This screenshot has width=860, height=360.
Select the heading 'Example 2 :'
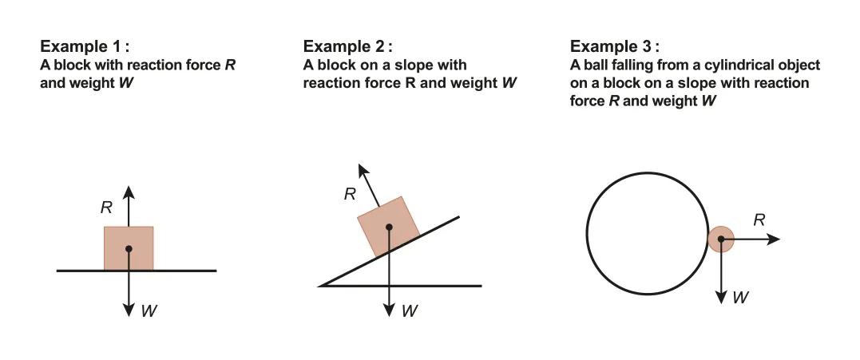point(348,46)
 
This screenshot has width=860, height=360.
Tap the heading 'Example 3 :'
point(616,46)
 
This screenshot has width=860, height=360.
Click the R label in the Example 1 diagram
point(106,208)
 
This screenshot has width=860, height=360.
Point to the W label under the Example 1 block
point(149,311)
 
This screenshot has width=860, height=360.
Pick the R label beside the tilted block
point(350,193)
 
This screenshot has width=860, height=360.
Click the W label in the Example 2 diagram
point(410,311)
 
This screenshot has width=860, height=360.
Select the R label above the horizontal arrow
point(759,220)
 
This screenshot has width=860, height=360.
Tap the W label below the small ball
point(741,297)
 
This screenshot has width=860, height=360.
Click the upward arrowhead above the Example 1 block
point(129,191)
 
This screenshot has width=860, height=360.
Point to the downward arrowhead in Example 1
point(129,310)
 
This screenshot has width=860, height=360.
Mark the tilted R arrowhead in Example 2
point(363,170)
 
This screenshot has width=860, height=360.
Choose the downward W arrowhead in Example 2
point(389,310)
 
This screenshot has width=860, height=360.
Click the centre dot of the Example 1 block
point(129,249)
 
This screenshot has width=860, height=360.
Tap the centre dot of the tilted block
point(389,227)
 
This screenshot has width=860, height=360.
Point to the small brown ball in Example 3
point(720,239)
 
